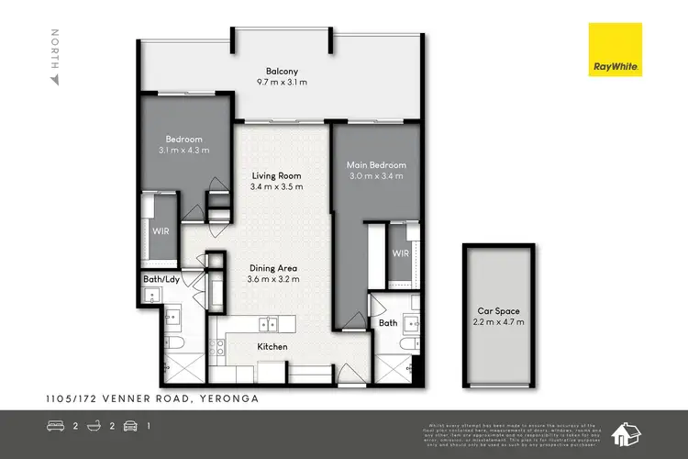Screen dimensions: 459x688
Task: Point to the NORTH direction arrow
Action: pyautogui.click(x=54, y=80)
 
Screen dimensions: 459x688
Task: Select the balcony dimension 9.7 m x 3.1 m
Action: pyautogui.click(x=282, y=83)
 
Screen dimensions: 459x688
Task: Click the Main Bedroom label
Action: pyautogui.click(x=375, y=165)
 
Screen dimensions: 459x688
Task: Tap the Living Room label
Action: pyautogui.click(x=276, y=175)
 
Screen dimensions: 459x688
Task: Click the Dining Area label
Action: pyautogui.click(x=276, y=269)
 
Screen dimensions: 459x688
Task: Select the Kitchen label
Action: pyautogui.click(x=273, y=347)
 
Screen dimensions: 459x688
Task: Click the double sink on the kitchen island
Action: pyautogui.click(x=270, y=323)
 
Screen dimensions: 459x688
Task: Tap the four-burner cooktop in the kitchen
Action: pyautogui.click(x=218, y=347)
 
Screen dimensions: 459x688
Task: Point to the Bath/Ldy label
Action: pyautogui.click(x=161, y=279)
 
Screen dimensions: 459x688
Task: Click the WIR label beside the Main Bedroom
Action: pyautogui.click(x=400, y=252)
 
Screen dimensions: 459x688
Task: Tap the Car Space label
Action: pyautogui.click(x=499, y=310)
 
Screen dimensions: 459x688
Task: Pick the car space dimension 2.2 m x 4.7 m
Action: pyautogui.click(x=499, y=322)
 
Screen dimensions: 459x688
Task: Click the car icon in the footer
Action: pyautogui.click(x=132, y=425)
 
